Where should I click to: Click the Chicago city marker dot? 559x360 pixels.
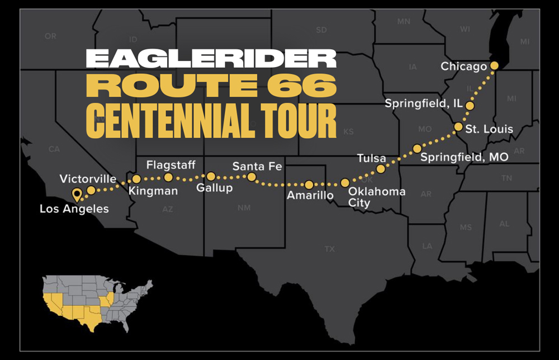(x=494, y=66)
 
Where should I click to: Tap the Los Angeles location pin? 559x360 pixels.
(x=77, y=195)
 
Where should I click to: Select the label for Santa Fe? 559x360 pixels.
(x=258, y=166)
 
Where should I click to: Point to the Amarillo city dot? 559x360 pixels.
(x=309, y=184)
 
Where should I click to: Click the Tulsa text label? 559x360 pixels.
(x=372, y=159)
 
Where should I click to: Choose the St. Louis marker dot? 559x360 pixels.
(x=458, y=127)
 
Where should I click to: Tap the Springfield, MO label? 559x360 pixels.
(x=465, y=157)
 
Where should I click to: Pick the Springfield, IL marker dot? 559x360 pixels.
(x=470, y=106)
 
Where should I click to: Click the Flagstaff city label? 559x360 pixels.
(x=170, y=165)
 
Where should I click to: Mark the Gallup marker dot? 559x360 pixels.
(x=211, y=176)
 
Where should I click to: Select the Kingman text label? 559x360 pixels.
(x=153, y=191)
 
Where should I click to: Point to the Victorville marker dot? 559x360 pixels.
(x=91, y=190)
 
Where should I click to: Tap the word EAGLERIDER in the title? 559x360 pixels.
(x=211, y=59)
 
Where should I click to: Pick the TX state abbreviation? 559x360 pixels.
(x=330, y=249)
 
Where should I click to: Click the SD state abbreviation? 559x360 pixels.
(x=321, y=30)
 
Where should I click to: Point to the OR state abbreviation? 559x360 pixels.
(x=51, y=36)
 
